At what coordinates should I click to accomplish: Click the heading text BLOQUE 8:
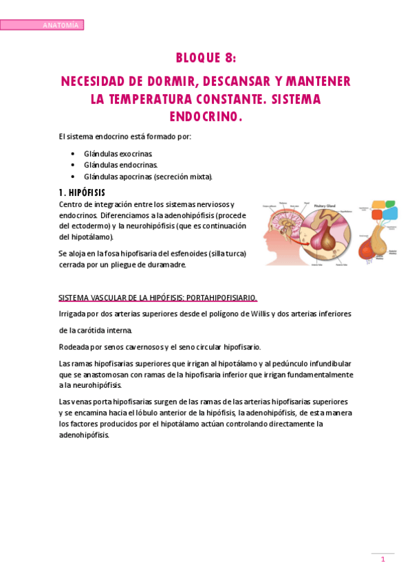pos(206,58)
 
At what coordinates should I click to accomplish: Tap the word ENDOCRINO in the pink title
pos(204,118)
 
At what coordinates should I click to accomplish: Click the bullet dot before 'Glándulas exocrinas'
pos(74,153)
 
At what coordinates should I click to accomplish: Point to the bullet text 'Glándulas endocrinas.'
pos(120,165)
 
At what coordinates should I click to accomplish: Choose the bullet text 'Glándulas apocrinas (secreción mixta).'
pos(148,177)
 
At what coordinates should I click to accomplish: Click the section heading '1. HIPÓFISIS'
pos(82,192)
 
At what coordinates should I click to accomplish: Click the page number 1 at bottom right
pos(382,560)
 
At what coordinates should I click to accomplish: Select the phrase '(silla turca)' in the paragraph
pos(225,254)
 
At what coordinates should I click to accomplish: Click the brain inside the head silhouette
pos(283,224)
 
